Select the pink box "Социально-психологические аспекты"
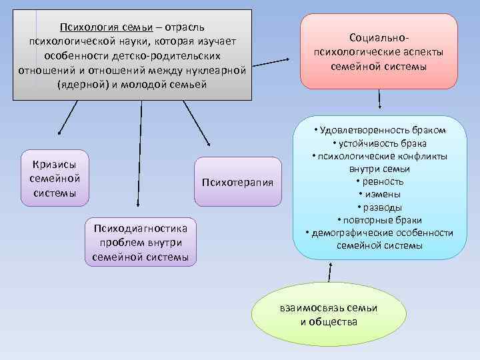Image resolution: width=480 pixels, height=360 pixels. (379, 51)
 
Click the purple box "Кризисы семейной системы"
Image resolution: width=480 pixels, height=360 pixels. (55, 178)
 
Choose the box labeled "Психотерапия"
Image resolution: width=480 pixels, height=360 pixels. (238, 181)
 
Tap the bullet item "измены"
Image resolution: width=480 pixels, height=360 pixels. (379, 194)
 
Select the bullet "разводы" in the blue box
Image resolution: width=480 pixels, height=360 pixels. (379, 207)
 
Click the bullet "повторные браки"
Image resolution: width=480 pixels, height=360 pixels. (379, 219)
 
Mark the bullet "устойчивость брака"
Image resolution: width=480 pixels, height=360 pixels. (379, 143)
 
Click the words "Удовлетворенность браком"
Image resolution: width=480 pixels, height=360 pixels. (381, 130)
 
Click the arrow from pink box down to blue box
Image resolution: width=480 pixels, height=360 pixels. (379, 98)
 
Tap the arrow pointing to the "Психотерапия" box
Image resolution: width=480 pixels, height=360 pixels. (197, 123)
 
